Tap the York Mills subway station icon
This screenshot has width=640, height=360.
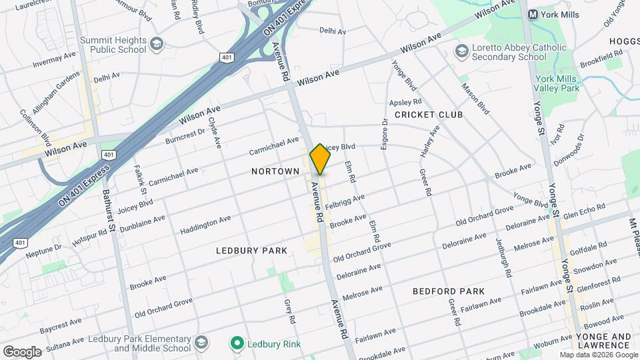click(x=533, y=14)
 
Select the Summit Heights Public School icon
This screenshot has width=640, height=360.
click(x=156, y=45)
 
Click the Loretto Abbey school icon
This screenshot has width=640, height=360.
click(x=461, y=51)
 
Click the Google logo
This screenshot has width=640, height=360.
click(x=22, y=351)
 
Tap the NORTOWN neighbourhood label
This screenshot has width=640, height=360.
click(x=275, y=171)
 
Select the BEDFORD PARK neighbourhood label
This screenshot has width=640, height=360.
click(x=448, y=291)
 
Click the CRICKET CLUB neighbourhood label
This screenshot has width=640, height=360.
click(x=429, y=115)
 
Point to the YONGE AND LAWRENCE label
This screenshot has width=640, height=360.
click(x=602, y=341)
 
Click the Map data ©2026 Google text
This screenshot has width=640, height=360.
click(x=599, y=355)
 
